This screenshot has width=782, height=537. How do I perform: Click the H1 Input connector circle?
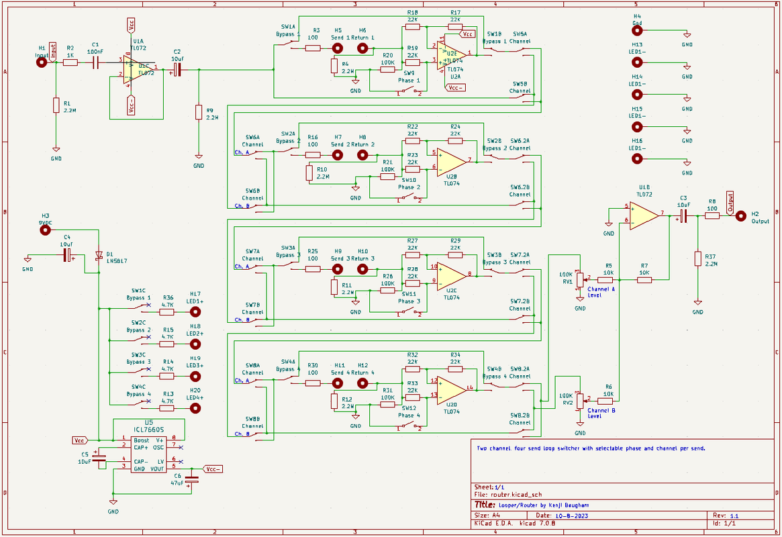pos(42,62)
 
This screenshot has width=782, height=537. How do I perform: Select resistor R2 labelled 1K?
pos(70,62)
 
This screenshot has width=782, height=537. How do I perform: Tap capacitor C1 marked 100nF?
pos(96,62)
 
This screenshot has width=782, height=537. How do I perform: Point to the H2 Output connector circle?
pos(740,215)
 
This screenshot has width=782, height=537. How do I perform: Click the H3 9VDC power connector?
pos(45,230)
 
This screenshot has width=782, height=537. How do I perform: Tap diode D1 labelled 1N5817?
pos(99,256)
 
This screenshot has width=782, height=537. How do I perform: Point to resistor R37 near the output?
pos(698,260)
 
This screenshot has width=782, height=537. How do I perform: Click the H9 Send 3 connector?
pos(338,269)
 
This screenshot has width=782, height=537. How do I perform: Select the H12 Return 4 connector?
pos(363,383)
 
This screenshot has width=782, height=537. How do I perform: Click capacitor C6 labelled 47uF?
pos(192,480)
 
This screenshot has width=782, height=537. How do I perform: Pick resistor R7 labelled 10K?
pos(644,279)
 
